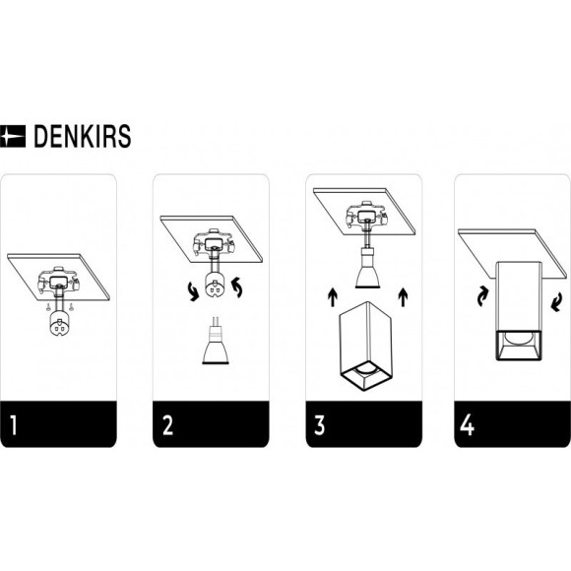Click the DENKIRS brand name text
(83, 136)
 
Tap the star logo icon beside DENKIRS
(13, 136)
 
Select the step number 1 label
(14, 424)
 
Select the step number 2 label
(168, 424)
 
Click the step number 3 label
(319, 424)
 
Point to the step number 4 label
(468, 424)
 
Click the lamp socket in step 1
(59, 323)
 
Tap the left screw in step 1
(48, 307)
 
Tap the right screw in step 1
(72, 307)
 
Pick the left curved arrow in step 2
(193, 292)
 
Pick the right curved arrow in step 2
(237, 286)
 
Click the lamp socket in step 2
(215, 285)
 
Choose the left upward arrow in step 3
(332, 297)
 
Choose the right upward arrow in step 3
(403, 296)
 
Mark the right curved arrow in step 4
(555, 302)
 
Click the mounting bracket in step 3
(366, 216)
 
